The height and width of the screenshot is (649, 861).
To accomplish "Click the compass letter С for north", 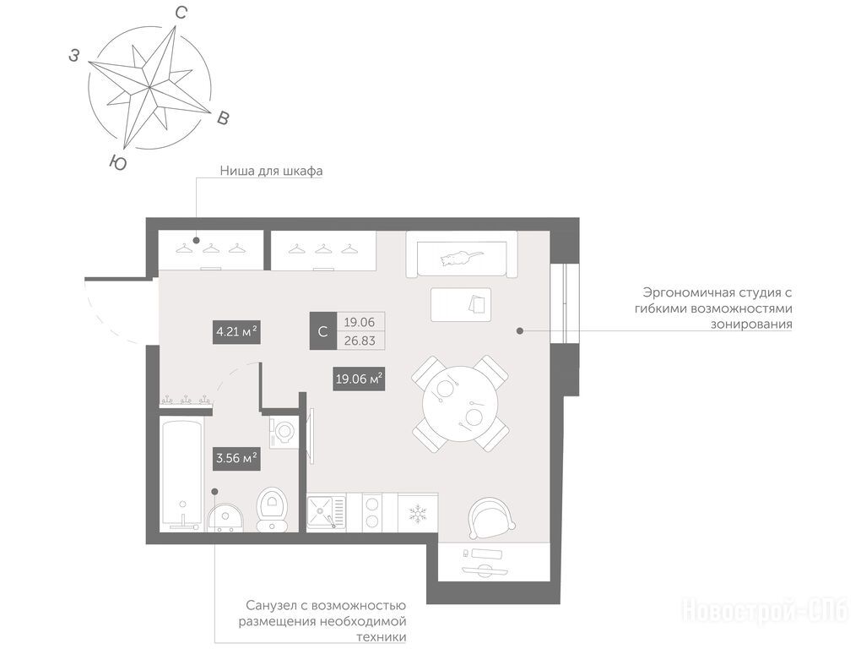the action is [181, 13].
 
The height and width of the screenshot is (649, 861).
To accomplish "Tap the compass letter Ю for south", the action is [118, 162].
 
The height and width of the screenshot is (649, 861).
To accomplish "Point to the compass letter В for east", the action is [222, 117].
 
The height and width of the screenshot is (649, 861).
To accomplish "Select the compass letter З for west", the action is [74, 55].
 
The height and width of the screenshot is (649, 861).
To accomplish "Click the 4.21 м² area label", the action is [236, 332].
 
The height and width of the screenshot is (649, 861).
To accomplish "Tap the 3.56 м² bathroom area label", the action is [236, 458].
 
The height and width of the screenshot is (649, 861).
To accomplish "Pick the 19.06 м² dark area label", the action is [359, 379].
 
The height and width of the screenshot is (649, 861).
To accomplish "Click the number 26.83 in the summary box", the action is [360, 341].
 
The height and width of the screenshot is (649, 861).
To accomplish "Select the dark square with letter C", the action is [322, 331].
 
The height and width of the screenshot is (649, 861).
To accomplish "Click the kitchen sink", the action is [326, 512].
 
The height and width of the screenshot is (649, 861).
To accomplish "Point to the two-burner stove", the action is [372, 511].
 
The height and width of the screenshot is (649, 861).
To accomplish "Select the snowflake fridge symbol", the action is [418, 515].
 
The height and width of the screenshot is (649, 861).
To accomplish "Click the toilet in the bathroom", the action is [271, 510].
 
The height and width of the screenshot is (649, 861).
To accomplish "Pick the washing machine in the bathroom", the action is [284, 431].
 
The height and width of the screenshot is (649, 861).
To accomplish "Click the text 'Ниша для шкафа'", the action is [271, 171].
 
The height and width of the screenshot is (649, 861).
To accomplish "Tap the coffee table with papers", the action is [461, 304].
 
